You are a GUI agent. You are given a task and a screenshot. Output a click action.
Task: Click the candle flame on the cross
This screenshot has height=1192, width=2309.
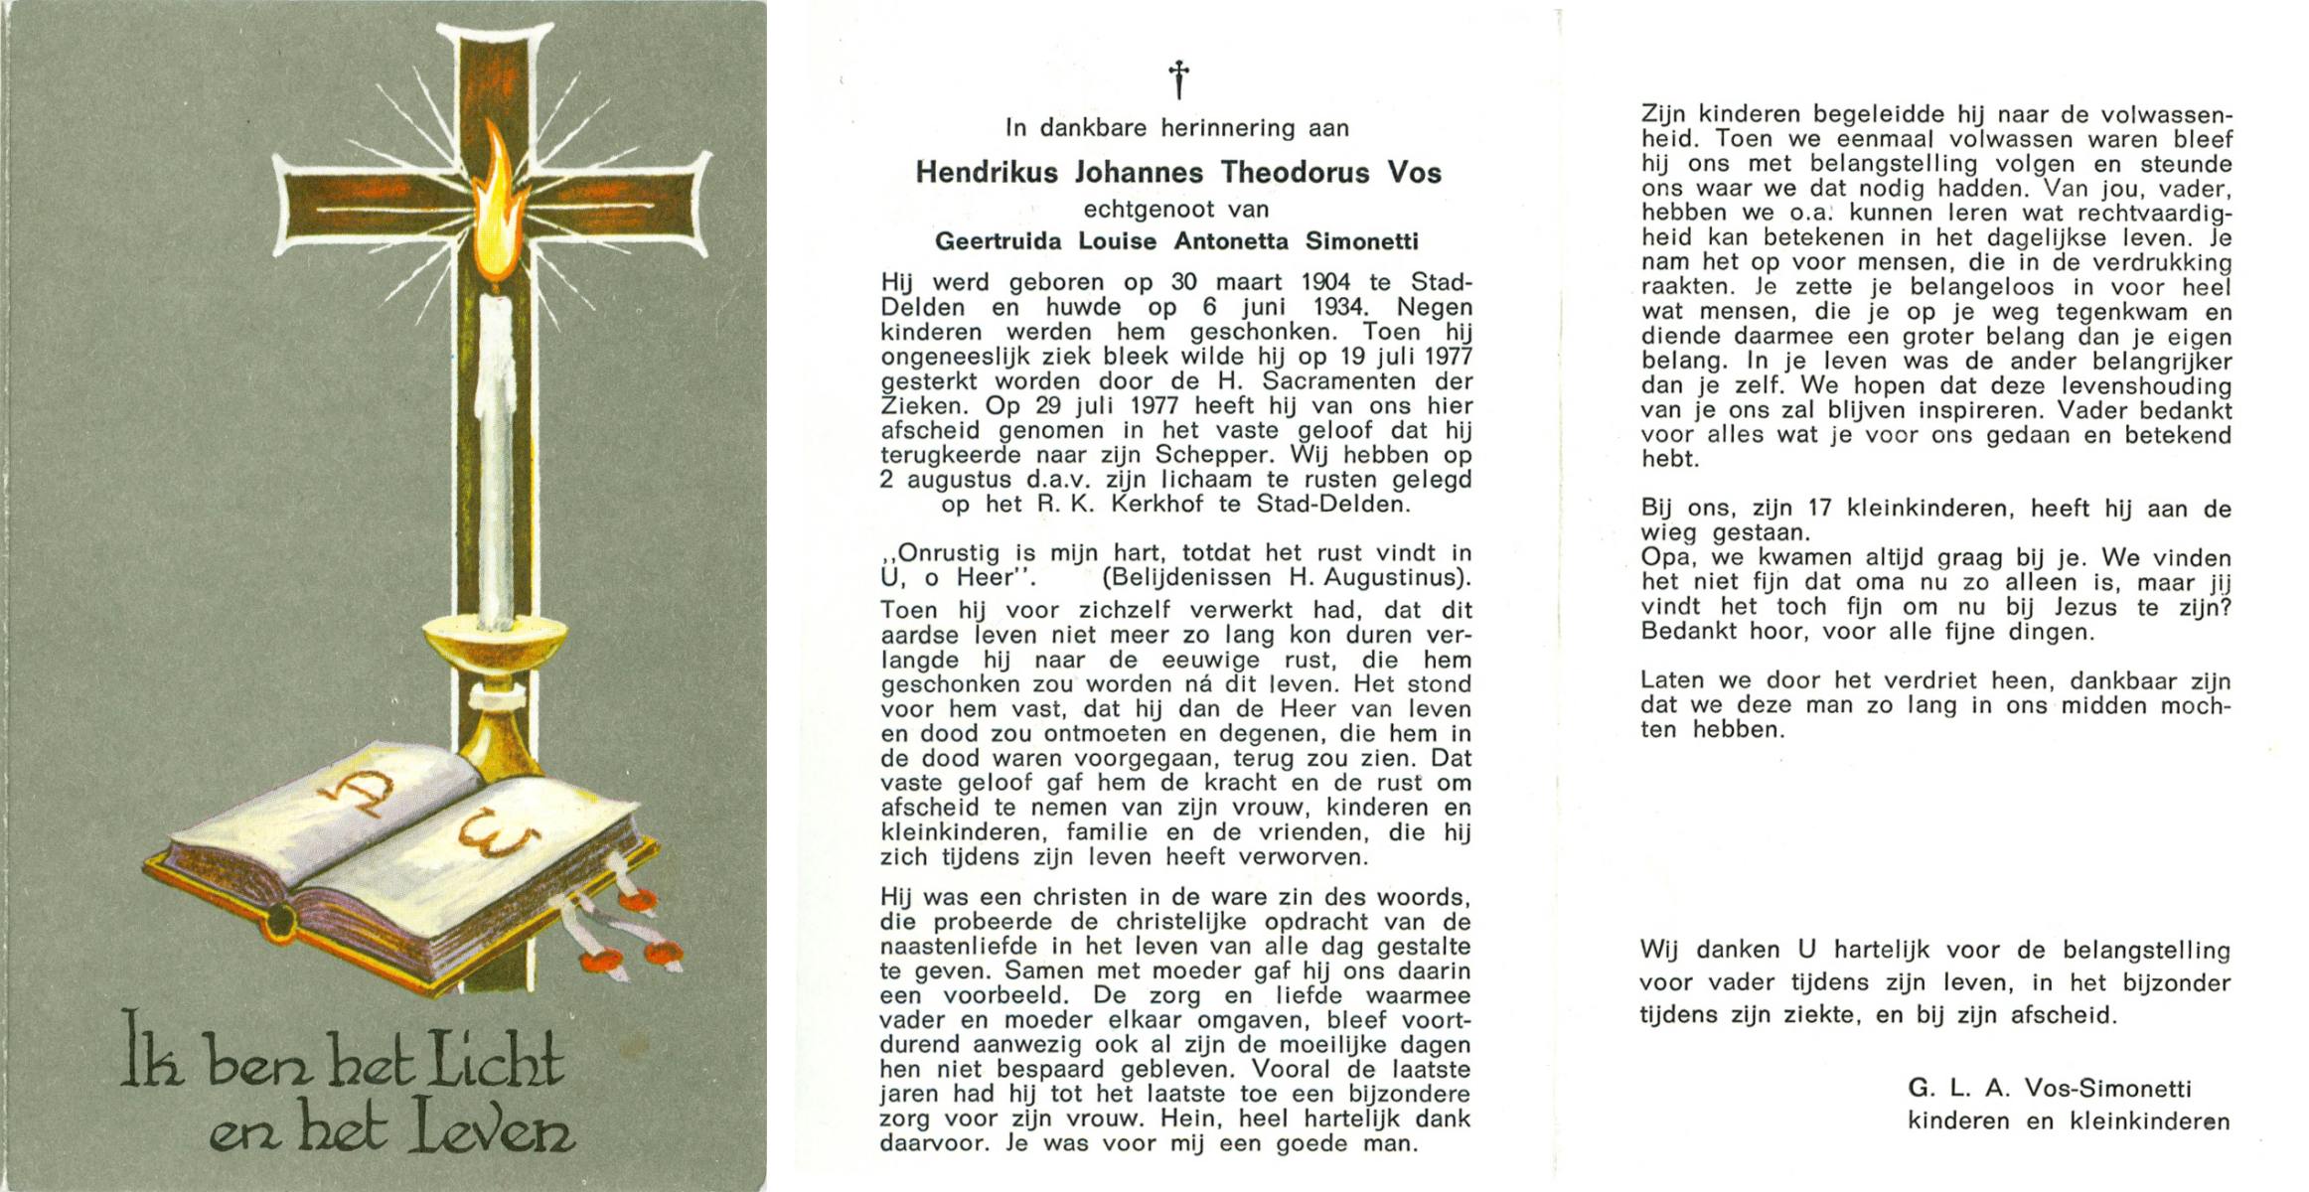(496, 209)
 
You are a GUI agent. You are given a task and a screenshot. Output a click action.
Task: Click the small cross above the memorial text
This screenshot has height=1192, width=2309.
(1178, 80)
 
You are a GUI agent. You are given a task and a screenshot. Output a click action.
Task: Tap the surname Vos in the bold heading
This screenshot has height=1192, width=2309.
(1413, 173)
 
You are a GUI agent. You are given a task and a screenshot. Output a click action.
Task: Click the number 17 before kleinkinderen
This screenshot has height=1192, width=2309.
(1819, 509)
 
